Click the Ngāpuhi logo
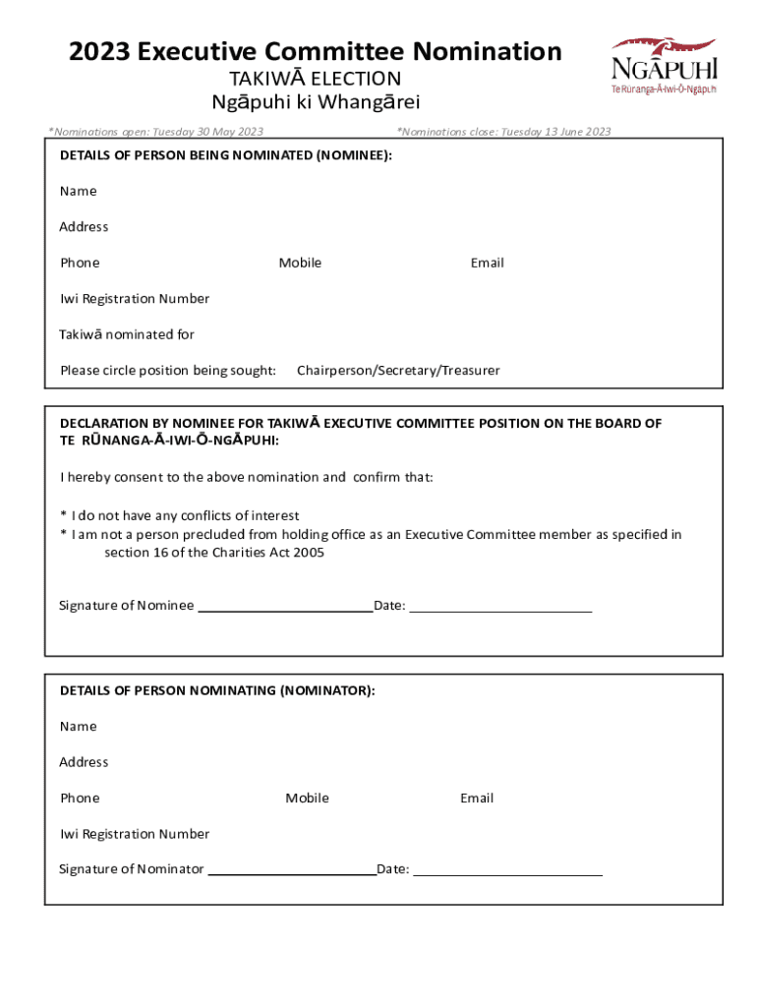pyautogui.click(x=665, y=65)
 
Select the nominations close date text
pyautogui.click(x=503, y=132)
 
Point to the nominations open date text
pyautogui.click(x=157, y=132)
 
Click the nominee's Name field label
pyautogui.click(x=79, y=191)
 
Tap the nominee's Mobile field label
pyautogui.click(x=300, y=263)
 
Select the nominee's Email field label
pyautogui.click(x=487, y=263)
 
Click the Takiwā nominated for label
pyautogui.click(x=127, y=334)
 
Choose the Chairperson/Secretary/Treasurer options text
pyautogui.click(x=398, y=371)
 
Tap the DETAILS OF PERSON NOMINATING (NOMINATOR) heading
pyautogui.click(x=217, y=690)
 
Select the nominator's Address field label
pyautogui.click(x=84, y=762)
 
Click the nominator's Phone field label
pyautogui.click(x=80, y=798)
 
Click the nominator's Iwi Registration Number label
pyautogui.click(x=135, y=834)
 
